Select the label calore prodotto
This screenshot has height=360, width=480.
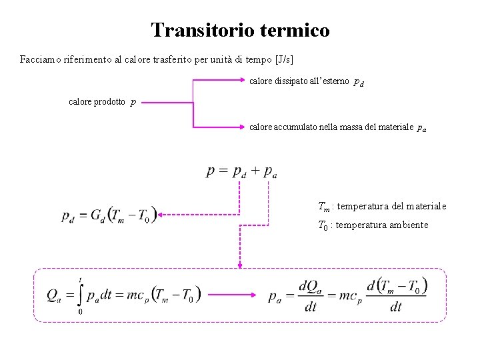click(x=97, y=102)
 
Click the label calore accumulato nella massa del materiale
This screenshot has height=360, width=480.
click(x=331, y=127)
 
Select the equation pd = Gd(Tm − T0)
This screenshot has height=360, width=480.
click(x=109, y=215)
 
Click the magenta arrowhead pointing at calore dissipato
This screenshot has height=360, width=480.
click(x=243, y=81)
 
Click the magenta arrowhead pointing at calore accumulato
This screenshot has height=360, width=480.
click(x=243, y=127)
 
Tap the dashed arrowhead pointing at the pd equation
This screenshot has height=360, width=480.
click(x=162, y=215)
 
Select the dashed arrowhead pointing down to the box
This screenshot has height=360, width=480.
click(x=239, y=264)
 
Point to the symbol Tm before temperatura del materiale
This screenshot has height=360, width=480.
click(x=323, y=207)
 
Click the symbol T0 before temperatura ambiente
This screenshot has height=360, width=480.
click(x=323, y=225)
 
